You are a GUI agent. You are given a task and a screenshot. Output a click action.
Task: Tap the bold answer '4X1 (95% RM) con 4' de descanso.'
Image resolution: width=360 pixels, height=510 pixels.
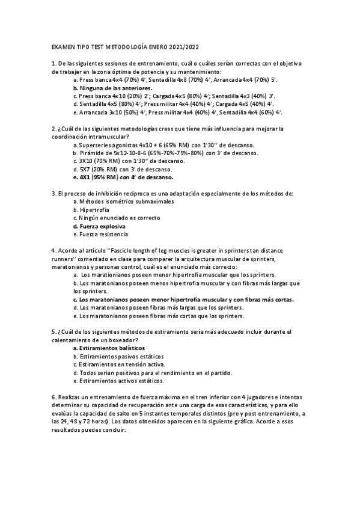click(126, 177)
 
